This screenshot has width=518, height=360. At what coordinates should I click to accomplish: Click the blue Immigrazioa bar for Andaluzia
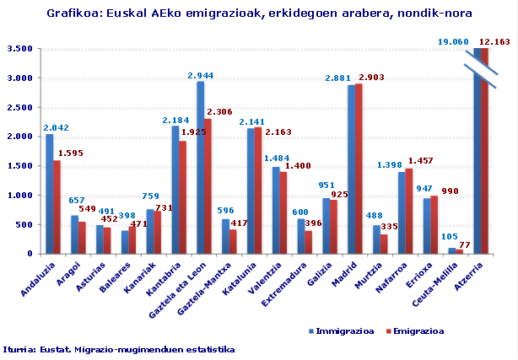click(49, 194)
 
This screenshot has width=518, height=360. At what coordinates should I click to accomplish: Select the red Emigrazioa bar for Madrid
click(359, 169)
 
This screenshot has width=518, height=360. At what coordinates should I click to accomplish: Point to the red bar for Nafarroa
click(409, 211)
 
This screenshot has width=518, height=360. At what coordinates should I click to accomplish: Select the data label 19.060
click(454, 41)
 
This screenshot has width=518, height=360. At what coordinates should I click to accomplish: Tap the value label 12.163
click(494, 41)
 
